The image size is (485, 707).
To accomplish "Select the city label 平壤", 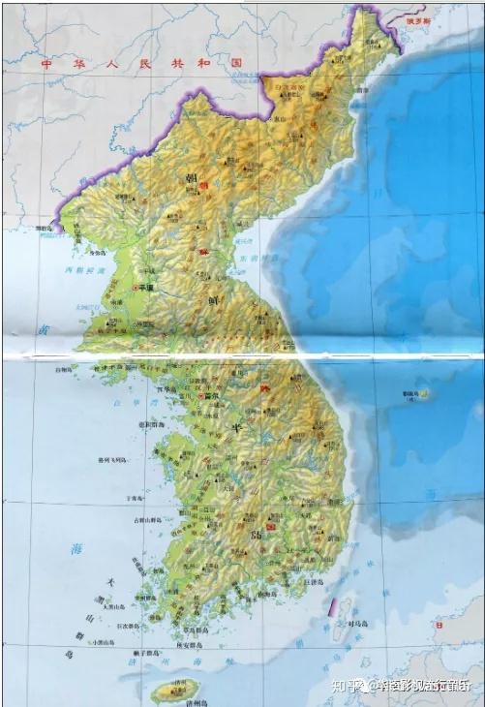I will (x=147, y=288).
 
